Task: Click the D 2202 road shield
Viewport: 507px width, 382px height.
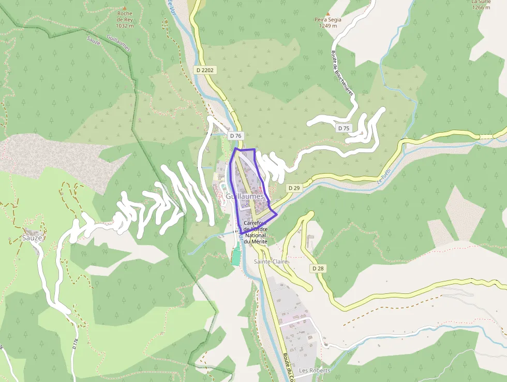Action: tap(205, 69)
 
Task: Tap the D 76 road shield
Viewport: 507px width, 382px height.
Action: tap(235, 135)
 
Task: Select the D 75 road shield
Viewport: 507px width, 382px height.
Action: tap(344, 128)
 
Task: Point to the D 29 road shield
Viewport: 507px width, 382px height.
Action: tap(294, 188)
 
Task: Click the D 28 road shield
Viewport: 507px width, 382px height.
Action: tap(318, 268)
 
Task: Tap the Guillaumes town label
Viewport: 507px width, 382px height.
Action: tap(245, 197)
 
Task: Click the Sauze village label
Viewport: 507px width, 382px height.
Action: tap(32, 237)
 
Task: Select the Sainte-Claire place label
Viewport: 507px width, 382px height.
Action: tap(270, 262)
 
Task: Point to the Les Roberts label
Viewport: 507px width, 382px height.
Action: tap(315, 370)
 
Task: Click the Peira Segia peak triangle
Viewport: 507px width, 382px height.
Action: tap(327, 14)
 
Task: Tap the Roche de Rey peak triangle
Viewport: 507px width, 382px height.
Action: tap(124, 7)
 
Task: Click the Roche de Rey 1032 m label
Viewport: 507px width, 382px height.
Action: tap(125, 21)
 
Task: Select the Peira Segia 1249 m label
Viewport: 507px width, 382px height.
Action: tap(327, 23)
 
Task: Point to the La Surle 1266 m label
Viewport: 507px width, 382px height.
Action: tap(481, 5)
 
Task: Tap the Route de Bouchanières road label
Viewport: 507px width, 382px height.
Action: tap(342, 72)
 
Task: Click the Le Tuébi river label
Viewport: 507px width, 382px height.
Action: tap(383, 178)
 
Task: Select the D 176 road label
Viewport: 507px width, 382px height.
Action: tap(76, 343)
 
